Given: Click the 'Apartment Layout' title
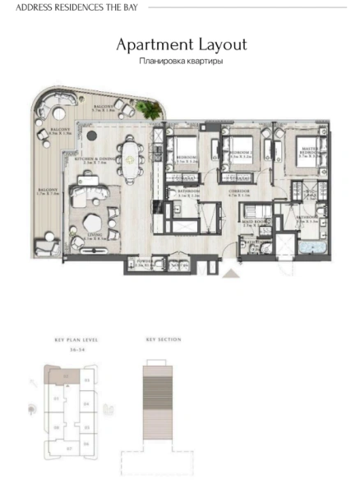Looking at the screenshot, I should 181,44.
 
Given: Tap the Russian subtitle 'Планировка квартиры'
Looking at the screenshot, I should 181,61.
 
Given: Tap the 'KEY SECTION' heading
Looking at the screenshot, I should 164,339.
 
